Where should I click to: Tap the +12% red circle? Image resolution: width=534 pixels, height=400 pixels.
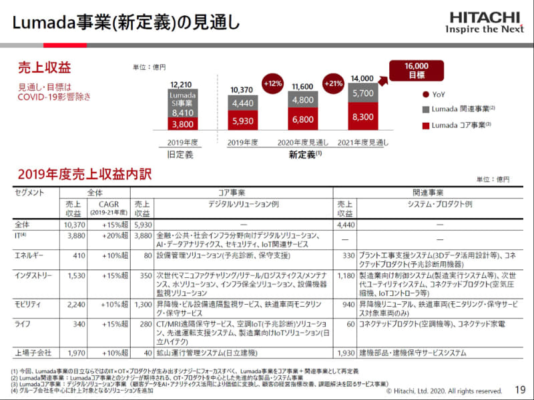(x=273, y=84)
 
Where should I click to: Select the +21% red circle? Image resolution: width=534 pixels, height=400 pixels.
(x=334, y=84)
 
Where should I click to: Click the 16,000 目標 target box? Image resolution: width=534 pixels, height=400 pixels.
(x=416, y=69)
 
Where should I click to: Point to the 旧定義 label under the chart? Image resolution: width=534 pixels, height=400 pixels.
(x=182, y=154)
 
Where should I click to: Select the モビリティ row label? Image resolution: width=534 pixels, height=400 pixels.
(x=29, y=303)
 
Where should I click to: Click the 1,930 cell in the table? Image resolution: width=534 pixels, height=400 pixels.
(x=344, y=352)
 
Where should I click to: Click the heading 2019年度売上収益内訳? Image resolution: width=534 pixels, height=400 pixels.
(x=85, y=175)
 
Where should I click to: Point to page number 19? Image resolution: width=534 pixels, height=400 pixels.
(x=520, y=390)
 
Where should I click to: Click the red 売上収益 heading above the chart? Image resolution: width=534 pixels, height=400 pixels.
(x=43, y=67)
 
